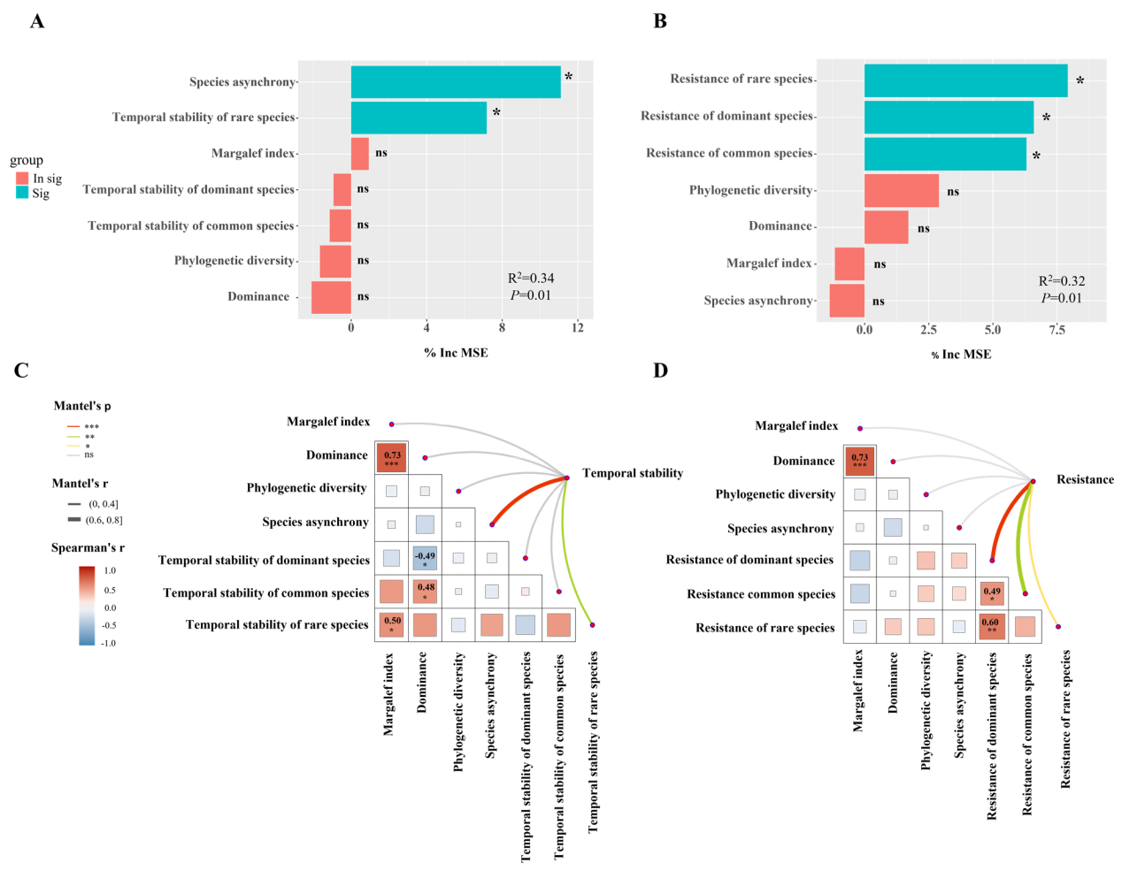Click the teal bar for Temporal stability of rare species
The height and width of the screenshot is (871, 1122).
coord(419,118)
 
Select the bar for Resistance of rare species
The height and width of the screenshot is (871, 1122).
coord(965,80)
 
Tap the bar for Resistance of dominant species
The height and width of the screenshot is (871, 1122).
coord(949,118)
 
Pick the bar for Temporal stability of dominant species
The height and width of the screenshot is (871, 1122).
coord(342,189)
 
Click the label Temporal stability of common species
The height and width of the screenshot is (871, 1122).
coord(190,225)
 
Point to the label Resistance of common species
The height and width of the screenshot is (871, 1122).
coord(729,153)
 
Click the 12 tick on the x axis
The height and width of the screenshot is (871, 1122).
coord(578,328)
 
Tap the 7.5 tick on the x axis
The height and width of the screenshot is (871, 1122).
coord(1057,330)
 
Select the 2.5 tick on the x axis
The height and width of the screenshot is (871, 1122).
coord(928,330)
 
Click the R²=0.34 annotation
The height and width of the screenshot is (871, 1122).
coord(531,279)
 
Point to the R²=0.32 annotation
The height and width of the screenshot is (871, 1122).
coord(1062,281)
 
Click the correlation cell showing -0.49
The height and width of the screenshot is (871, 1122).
coord(425,558)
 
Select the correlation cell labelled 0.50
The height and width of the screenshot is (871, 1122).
coord(392,624)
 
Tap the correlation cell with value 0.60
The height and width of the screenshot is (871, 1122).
coord(992,626)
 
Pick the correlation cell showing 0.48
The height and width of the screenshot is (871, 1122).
coord(426,591)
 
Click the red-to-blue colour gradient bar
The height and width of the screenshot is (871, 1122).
coord(87,606)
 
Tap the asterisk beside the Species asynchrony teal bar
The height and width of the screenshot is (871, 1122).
coord(569,78)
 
